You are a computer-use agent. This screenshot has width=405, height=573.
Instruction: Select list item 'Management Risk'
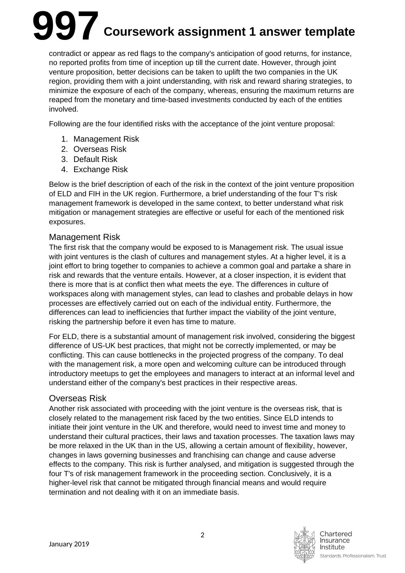coord(106,139)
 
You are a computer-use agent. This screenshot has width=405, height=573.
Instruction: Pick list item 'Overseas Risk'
coord(100,149)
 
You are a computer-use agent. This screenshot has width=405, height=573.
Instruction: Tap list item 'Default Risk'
coord(95,160)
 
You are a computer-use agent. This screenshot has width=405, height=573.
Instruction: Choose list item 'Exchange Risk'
coord(100,170)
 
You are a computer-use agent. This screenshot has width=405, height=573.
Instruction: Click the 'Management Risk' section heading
coord(84,237)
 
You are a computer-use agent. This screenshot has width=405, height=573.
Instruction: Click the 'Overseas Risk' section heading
coord(78,398)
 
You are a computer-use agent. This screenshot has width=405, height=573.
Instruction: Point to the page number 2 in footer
coord(202,535)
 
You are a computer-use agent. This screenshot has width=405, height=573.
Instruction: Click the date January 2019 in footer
coord(69,544)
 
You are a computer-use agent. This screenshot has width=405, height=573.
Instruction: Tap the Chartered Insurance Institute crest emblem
coord(304,544)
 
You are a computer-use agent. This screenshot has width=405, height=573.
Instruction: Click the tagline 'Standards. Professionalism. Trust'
coord(353,556)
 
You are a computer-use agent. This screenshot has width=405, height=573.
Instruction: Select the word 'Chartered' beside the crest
coord(336,534)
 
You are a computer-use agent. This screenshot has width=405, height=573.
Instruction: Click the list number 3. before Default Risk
coord(64,160)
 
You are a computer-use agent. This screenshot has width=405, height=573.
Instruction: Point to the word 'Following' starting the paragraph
coord(64,124)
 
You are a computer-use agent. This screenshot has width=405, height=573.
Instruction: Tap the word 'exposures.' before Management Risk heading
coord(67,222)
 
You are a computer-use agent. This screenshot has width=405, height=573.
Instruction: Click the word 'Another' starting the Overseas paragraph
coord(62,409)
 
